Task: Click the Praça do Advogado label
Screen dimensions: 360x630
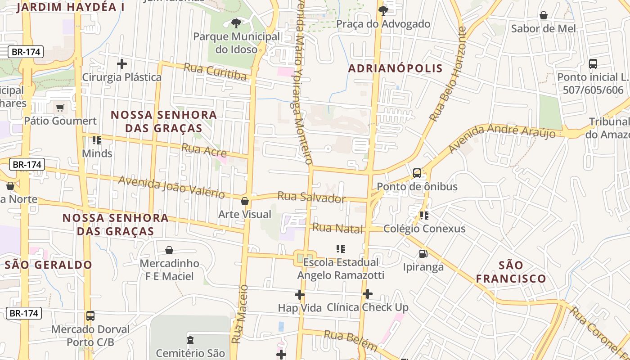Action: tap(383, 24)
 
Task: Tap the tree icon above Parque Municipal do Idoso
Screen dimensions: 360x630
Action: tap(236, 23)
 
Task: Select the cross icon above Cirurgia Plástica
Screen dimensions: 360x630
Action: tap(121, 64)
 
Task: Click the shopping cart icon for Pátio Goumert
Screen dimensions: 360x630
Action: tap(60, 108)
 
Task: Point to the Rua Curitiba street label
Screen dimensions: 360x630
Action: tap(216, 72)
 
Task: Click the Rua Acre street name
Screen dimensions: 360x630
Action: tap(204, 150)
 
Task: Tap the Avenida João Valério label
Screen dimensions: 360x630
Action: tap(171, 187)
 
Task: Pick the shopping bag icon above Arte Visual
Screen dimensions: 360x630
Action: tap(245, 201)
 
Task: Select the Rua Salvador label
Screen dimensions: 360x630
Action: tap(311, 197)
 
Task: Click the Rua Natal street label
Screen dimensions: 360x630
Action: tap(337, 228)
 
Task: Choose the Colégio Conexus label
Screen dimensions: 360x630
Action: tap(424, 229)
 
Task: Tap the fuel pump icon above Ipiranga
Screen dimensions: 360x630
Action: tap(423, 254)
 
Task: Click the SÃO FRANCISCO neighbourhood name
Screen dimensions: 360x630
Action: tap(511, 272)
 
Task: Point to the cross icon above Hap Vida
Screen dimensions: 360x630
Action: tap(300, 295)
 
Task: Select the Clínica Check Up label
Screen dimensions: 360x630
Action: tap(368, 307)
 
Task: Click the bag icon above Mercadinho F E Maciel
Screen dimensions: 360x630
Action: tap(169, 250)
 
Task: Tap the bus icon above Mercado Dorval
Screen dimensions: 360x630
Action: tap(90, 315)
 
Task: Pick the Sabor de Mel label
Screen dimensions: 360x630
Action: tap(543, 28)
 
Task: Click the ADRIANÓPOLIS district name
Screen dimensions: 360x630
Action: tap(396, 68)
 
